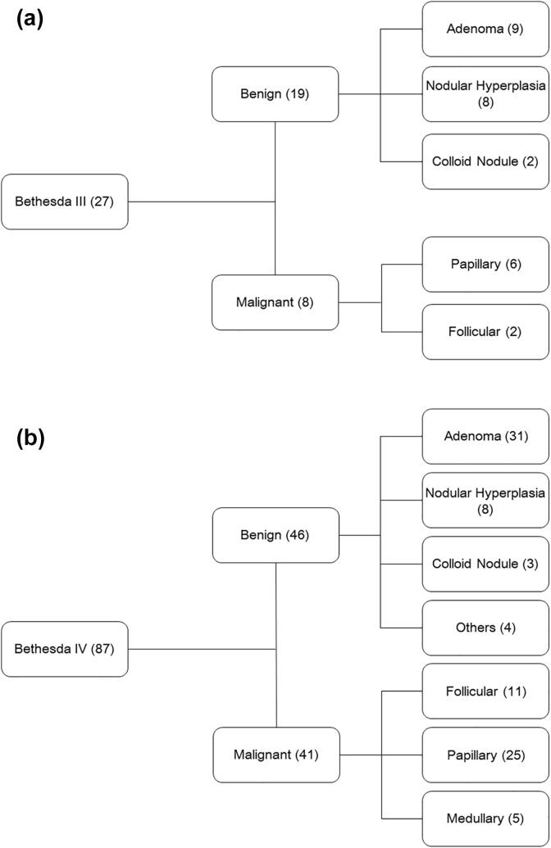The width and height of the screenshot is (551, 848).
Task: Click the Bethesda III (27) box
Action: (x=65, y=202)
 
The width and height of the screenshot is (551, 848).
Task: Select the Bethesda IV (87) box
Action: (x=65, y=649)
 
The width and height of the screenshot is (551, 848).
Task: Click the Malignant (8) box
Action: (x=275, y=302)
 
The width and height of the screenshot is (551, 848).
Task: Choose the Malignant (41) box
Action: (x=275, y=754)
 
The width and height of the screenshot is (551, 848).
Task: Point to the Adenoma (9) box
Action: (x=485, y=29)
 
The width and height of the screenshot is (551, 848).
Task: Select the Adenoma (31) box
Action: (x=485, y=436)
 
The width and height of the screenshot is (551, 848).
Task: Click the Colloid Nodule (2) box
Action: (x=485, y=161)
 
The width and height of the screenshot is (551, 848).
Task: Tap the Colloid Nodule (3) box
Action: (x=485, y=564)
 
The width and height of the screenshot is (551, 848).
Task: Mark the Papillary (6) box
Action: (x=485, y=265)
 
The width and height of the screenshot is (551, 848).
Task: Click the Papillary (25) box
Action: (x=485, y=755)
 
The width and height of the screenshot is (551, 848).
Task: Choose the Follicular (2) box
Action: (x=485, y=332)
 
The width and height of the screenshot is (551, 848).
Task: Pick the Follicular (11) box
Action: (x=485, y=692)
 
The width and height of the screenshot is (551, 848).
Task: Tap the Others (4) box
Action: (x=485, y=628)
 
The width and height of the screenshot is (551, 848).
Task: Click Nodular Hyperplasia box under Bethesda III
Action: (x=485, y=94)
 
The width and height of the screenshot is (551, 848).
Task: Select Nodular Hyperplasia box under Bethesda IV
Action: (x=485, y=500)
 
